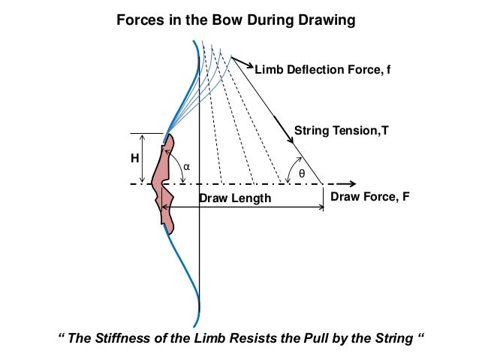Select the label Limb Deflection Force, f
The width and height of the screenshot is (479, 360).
point(324,71)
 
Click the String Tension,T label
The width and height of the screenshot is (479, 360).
point(342,130)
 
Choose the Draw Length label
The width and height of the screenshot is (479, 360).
point(234,198)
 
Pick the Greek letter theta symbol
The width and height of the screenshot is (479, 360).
point(303,173)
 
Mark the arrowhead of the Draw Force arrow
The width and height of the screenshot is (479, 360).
point(350,183)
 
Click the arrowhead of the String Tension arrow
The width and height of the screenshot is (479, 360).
point(289,138)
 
